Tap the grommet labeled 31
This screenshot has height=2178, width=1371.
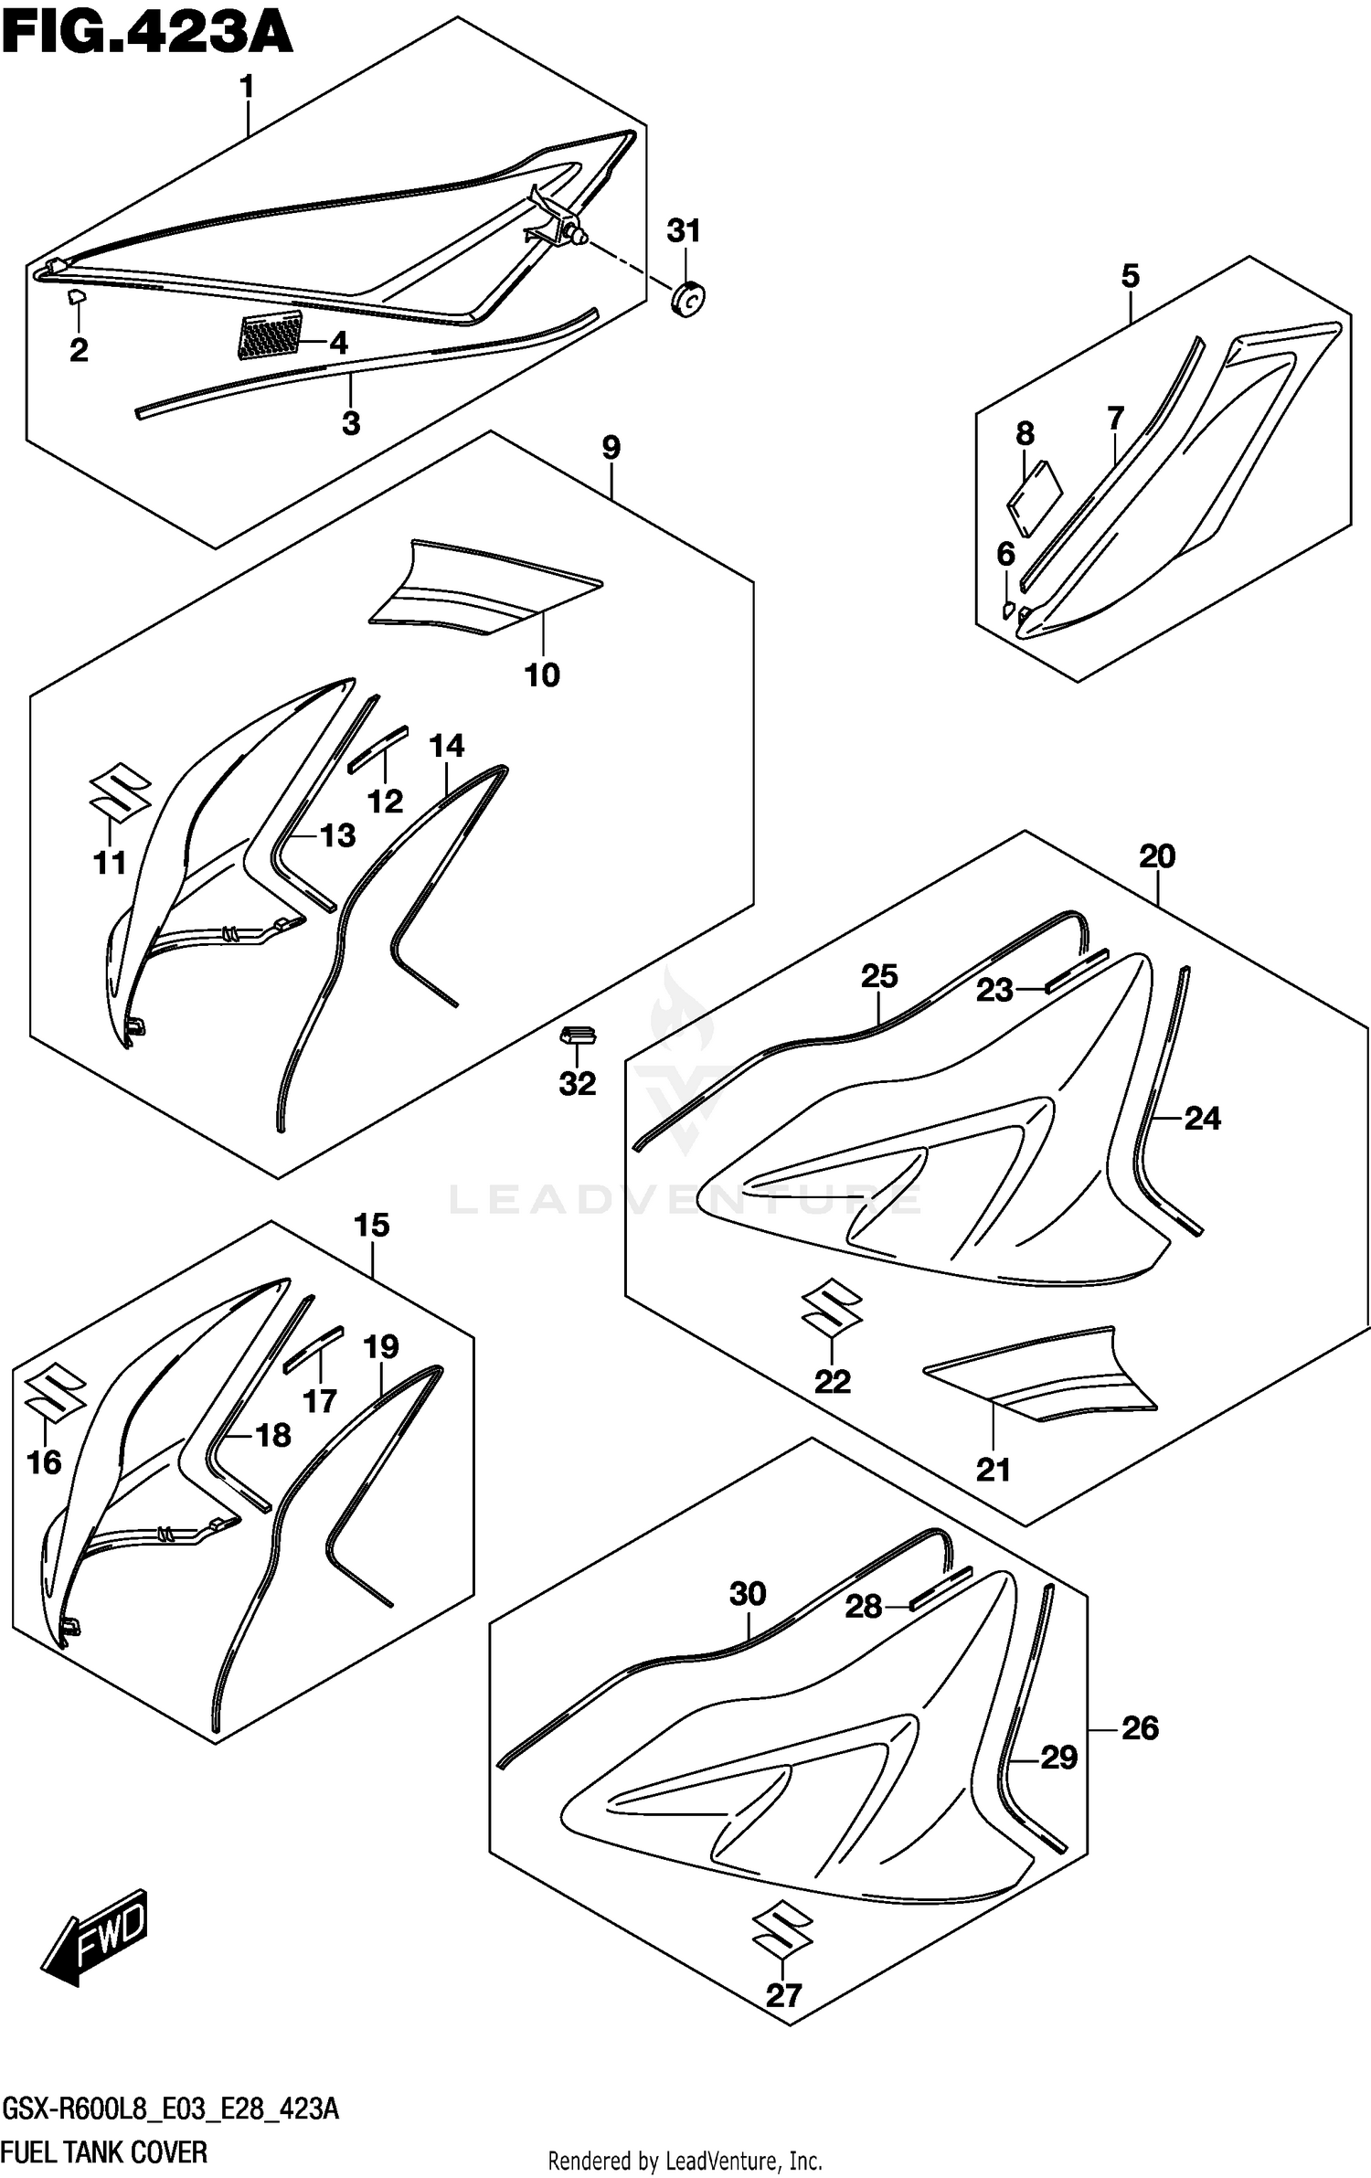click(x=687, y=298)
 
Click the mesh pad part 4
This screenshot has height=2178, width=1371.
click(x=270, y=334)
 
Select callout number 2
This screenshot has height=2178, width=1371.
click(x=79, y=349)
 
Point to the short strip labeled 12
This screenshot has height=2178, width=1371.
click(x=377, y=749)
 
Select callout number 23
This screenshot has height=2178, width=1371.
click(x=994, y=990)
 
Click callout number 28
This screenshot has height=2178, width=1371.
click(x=863, y=1606)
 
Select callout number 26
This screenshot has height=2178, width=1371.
click(x=1139, y=1727)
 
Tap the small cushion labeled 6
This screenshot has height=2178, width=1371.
click(x=1008, y=609)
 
